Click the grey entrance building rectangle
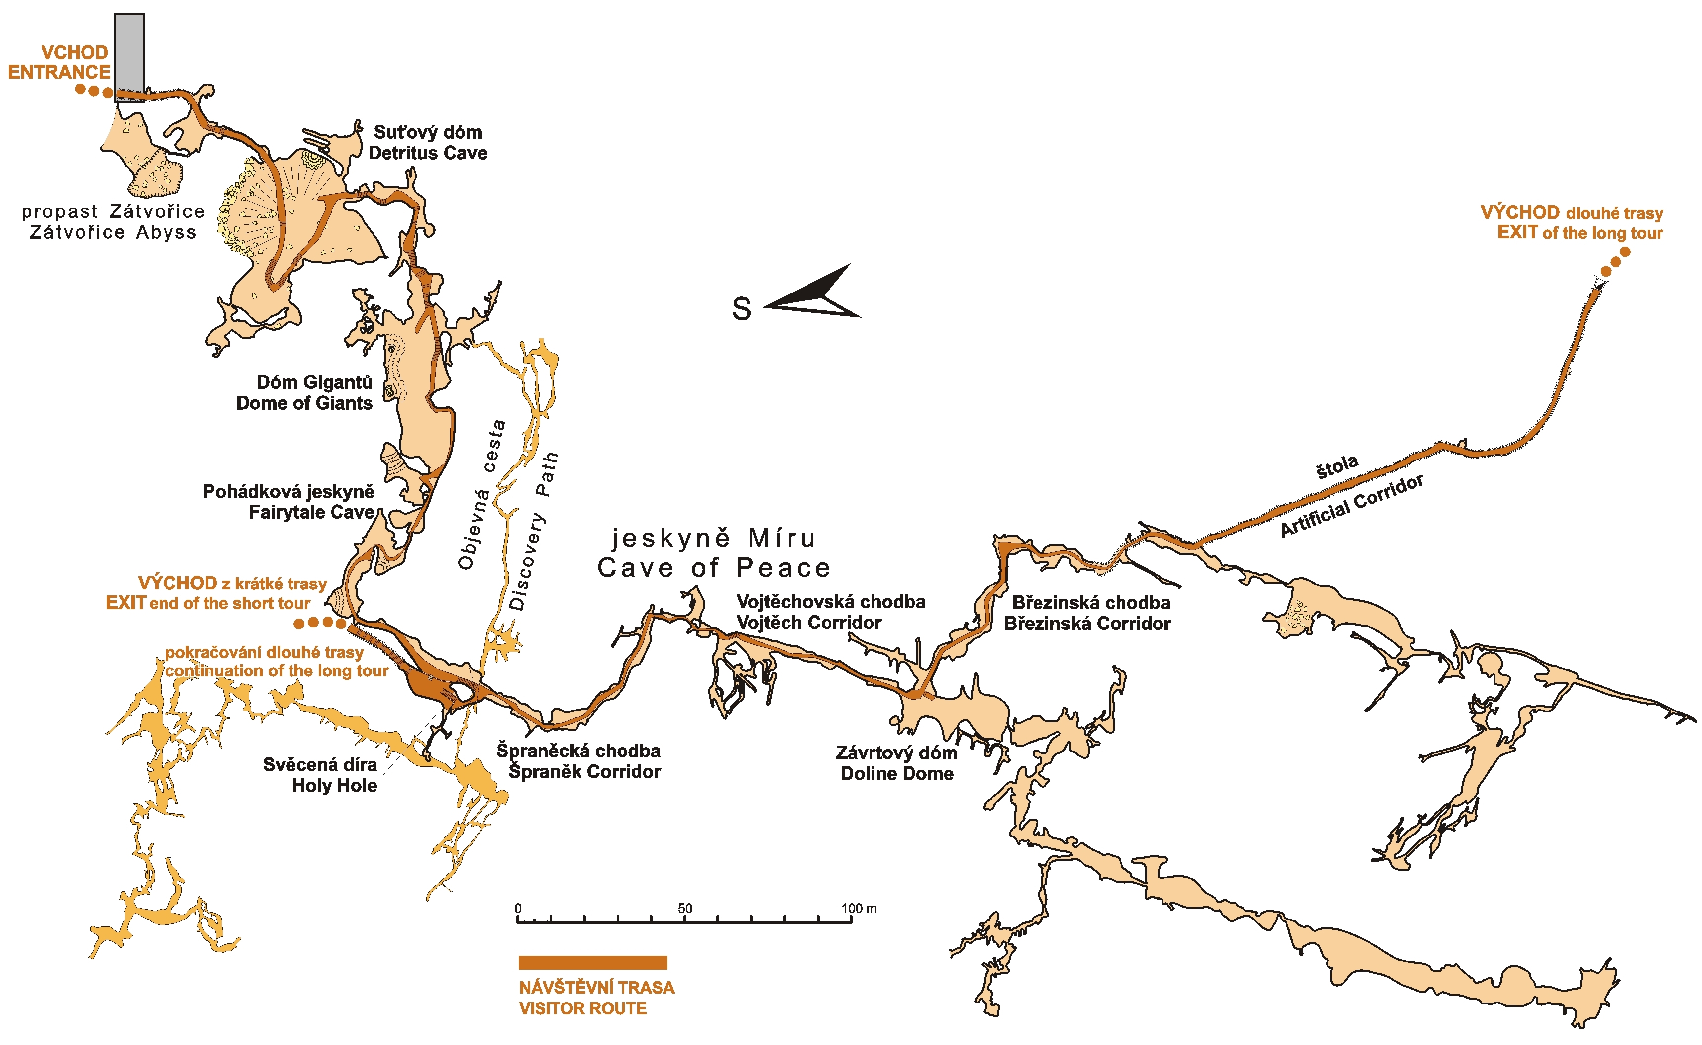(x=129, y=57)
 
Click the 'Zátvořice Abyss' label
(x=113, y=232)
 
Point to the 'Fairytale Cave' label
(x=312, y=513)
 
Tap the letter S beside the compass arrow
(x=742, y=309)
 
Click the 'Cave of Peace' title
(x=714, y=568)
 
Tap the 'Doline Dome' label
(x=897, y=774)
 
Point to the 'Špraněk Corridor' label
(x=584, y=772)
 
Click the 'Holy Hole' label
(x=334, y=786)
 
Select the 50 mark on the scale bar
(x=684, y=909)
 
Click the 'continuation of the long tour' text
(x=276, y=671)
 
